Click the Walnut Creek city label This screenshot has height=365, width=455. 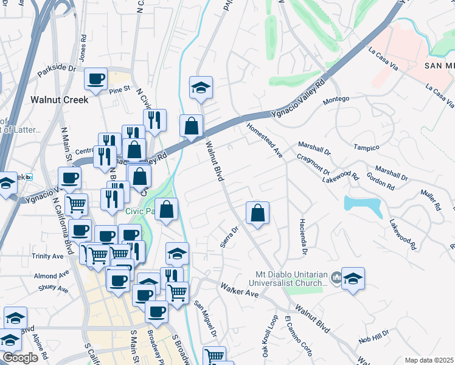59,99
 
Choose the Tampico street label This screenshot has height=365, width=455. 367,147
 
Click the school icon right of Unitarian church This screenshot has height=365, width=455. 353,279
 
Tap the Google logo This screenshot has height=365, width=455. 20,358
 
